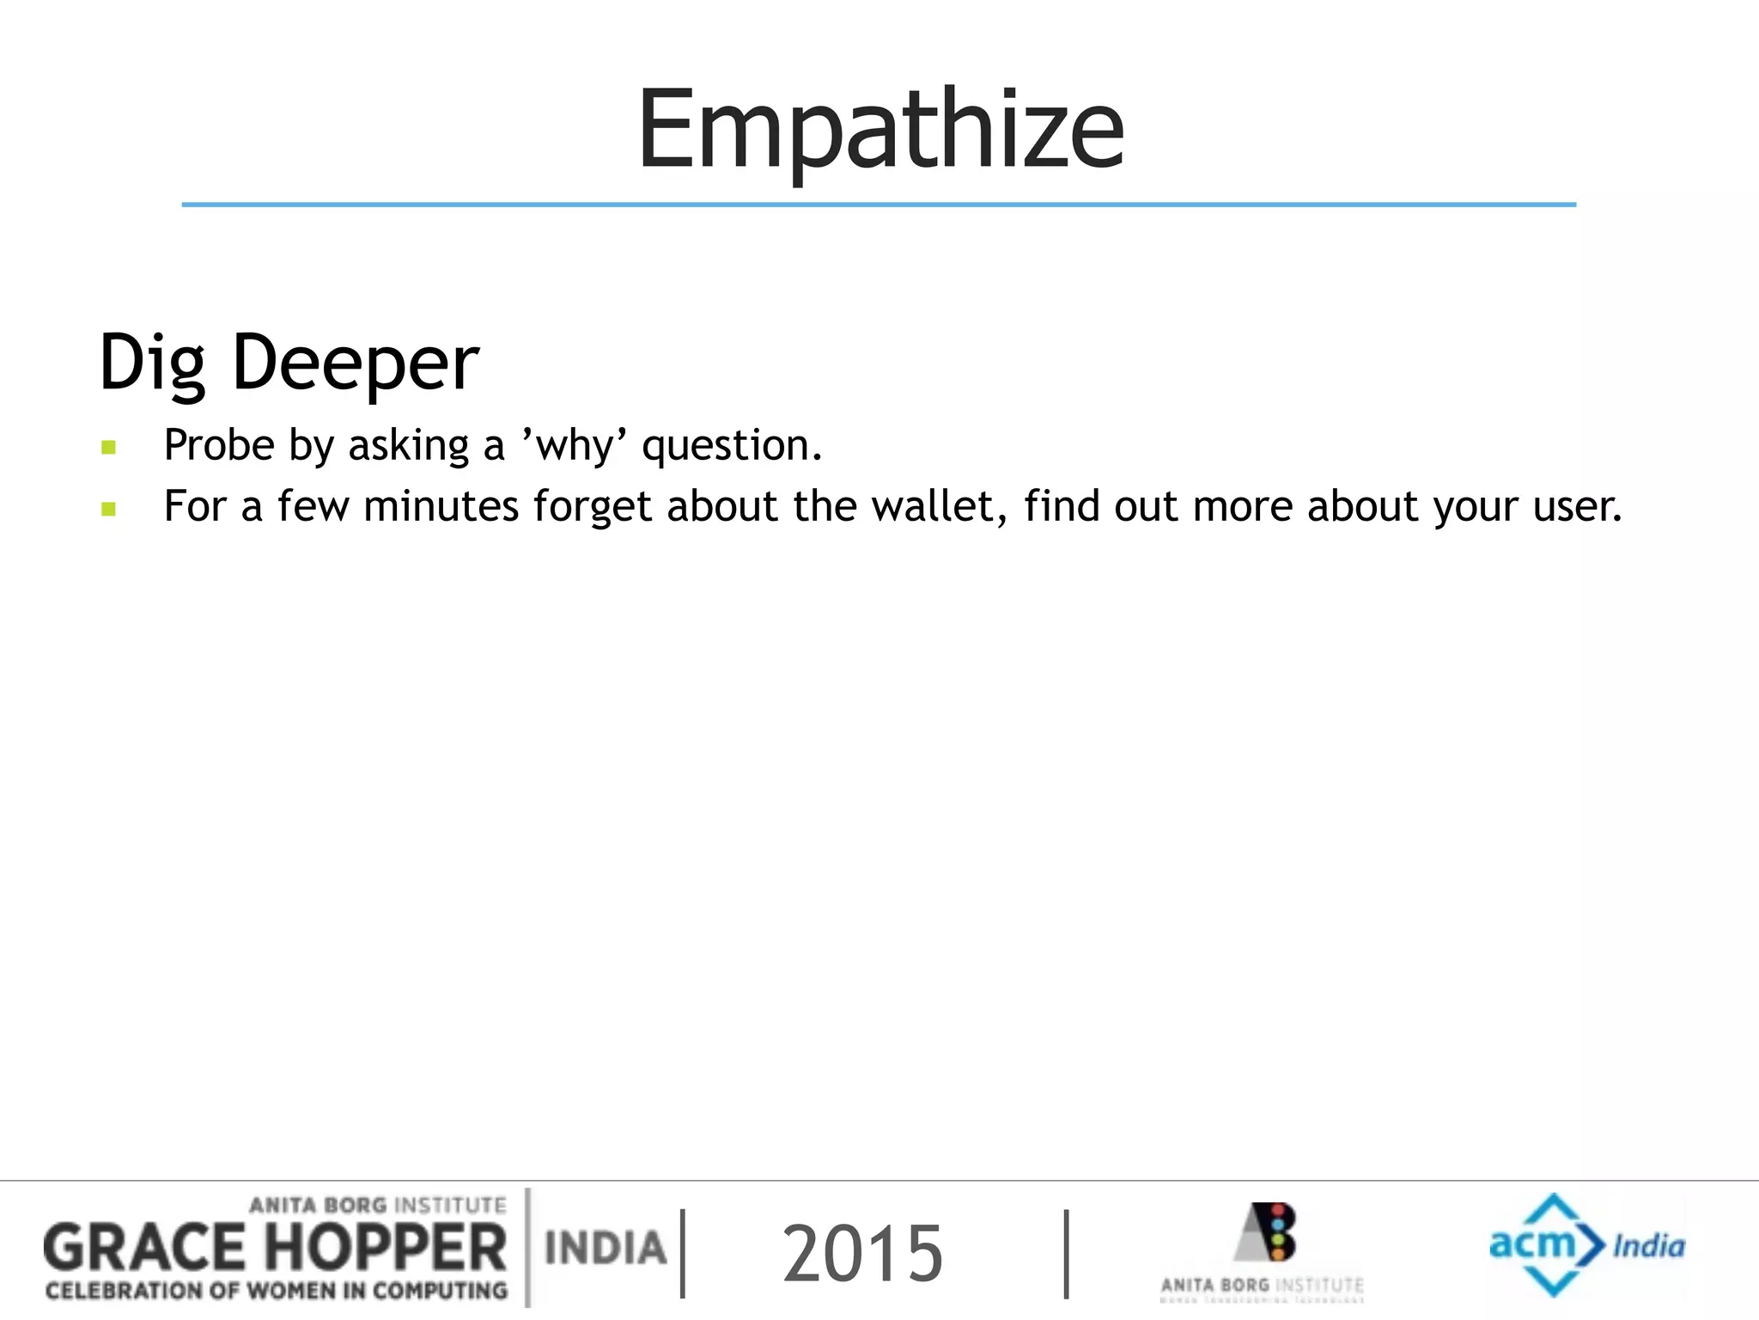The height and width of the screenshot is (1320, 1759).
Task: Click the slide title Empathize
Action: click(x=880, y=131)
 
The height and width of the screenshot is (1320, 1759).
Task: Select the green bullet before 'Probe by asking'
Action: click(x=108, y=447)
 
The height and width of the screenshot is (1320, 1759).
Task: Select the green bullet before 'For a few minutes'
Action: click(x=108, y=509)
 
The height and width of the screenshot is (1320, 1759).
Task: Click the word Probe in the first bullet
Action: click(x=219, y=445)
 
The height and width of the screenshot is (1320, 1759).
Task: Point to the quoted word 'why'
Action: click(x=575, y=447)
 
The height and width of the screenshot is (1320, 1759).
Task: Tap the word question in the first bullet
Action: click(x=731, y=447)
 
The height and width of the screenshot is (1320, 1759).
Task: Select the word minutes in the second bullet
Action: click(x=441, y=506)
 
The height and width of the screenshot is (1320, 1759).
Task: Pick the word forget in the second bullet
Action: click(x=593, y=507)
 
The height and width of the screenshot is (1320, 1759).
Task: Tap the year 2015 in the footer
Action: click(x=862, y=1254)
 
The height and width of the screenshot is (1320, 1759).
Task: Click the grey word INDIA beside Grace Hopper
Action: click(x=606, y=1249)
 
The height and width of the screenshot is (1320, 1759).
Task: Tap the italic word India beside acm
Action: click(x=1648, y=1245)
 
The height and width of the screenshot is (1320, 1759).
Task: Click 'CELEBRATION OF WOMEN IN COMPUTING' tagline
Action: click(x=277, y=1291)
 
